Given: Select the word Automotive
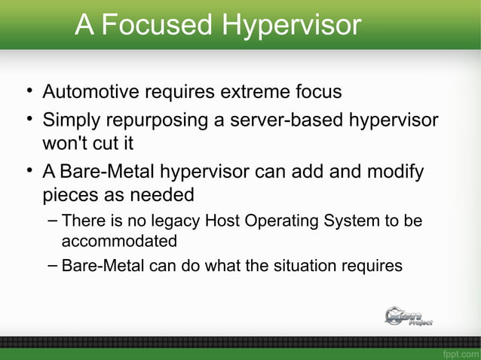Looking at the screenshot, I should coord(90,92).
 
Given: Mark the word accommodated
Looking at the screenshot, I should coord(118,241).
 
